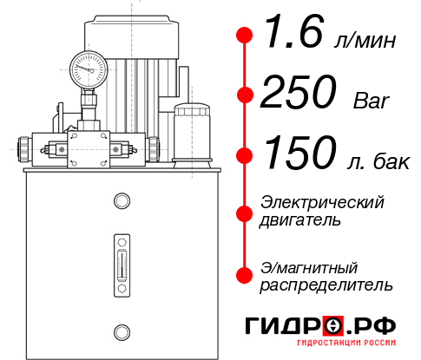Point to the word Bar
[x=372, y=101]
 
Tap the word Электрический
[x=322, y=202]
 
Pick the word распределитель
[x=326, y=285]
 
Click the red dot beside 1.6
[x=245, y=36]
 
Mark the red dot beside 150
[x=245, y=155]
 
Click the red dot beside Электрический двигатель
[x=245, y=211]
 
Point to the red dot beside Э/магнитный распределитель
[x=245, y=275]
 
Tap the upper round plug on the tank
[x=121, y=202]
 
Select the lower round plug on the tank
[x=121, y=330]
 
